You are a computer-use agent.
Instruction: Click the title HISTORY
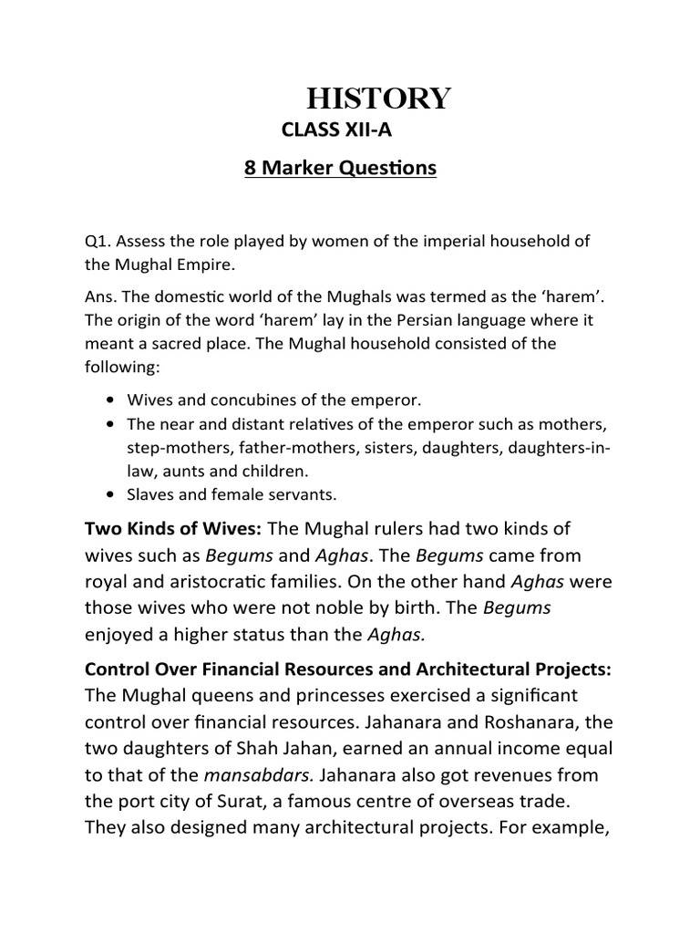pyautogui.click(x=377, y=98)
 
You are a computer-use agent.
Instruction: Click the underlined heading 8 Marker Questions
pyautogui.click(x=340, y=170)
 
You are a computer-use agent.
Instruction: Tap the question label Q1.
pyautogui.click(x=95, y=241)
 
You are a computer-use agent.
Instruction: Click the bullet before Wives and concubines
pyautogui.click(x=110, y=401)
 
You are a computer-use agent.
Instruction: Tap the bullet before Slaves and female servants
pyautogui.click(x=110, y=495)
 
